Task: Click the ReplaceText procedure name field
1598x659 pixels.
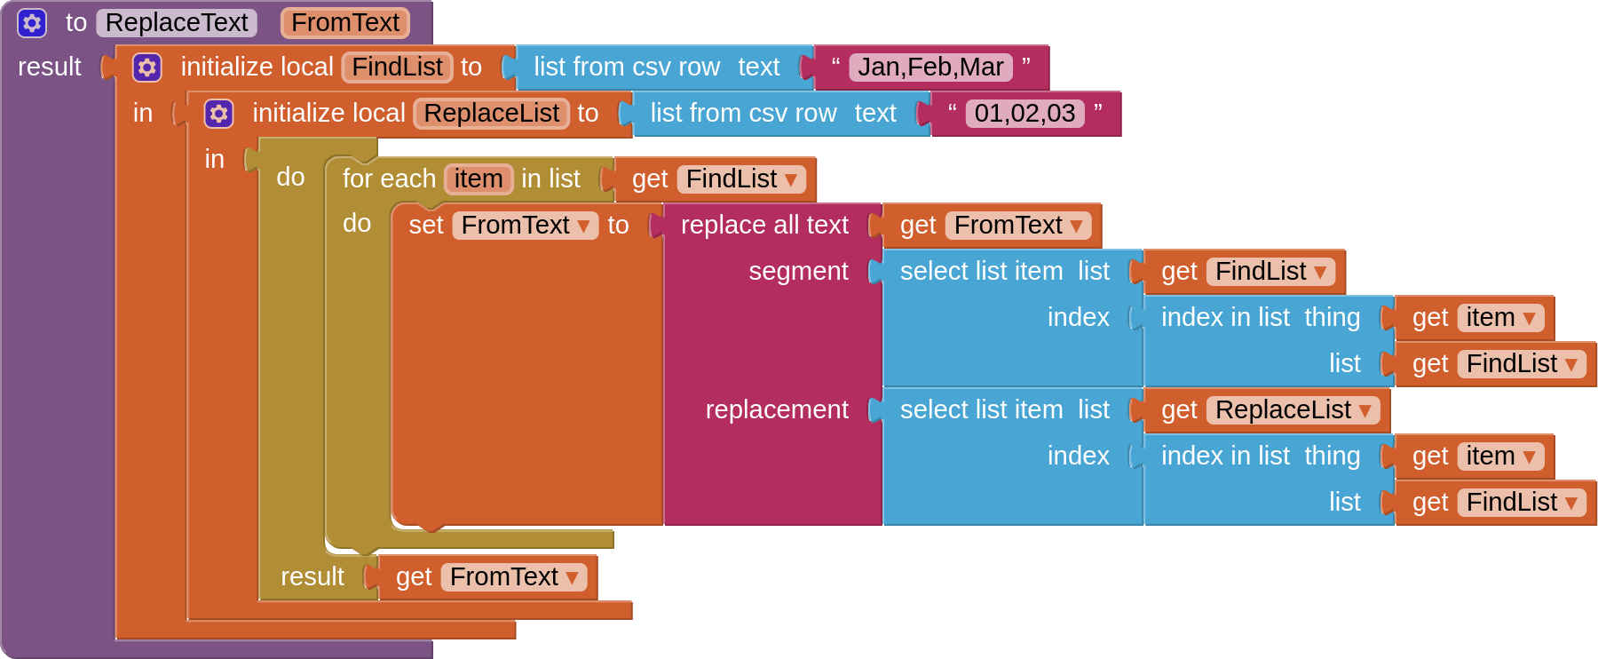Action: [x=176, y=22]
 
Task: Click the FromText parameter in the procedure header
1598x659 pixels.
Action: [x=344, y=22]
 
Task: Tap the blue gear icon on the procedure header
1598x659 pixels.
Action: [x=32, y=22]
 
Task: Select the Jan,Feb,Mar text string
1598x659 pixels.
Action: [x=930, y=67]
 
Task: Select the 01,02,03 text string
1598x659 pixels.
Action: [x=1024, y=114]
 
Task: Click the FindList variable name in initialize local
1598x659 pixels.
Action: [x=397, y=67]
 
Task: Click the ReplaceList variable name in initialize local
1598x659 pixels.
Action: [x=491, y=114]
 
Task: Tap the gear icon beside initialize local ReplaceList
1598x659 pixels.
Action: [x=218, y=114]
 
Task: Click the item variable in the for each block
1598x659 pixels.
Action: [x=478, y=179]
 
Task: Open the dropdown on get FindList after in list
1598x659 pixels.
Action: [x=790, y=180]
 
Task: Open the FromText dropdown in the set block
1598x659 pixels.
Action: [x=583, y=226]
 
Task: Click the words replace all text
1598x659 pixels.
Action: [x=763, y=226]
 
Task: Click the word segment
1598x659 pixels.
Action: [x=797, y=272]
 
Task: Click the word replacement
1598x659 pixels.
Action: [x=776, y=410]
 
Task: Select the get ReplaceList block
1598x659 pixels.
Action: [x=1179, y=410]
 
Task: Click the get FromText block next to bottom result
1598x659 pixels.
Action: [x=413, y=577]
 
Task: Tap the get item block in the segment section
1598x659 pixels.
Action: [x=1429, y=318]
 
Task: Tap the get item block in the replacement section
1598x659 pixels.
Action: [x=1429, y=457]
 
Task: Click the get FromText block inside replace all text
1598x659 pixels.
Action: [x=918, y=226]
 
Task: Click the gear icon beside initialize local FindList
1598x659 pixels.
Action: [x=146, y=67]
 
